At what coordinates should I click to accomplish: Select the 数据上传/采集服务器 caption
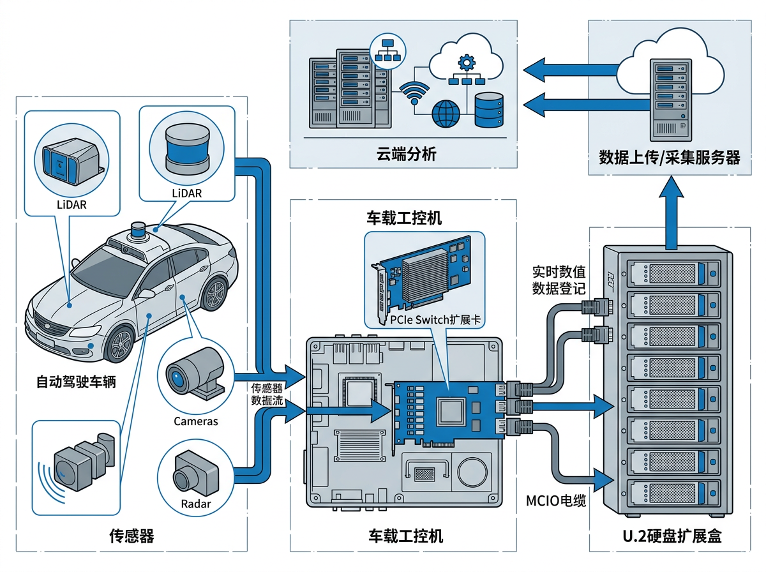pyautogui.click(x=670, y=157)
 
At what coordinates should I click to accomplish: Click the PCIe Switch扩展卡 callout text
pyautogui.click(x=434, y=320)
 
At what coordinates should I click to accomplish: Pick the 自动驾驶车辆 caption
pyautogui.click(x=76, y=383)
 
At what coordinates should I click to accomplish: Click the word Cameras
pyautogui.click(x=195, y=421)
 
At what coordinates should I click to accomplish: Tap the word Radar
pyautogui.click(x=195, y=504)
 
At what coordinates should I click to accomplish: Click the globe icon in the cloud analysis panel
pyautogui.click(x=446, y=114)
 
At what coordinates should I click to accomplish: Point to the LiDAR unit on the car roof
pyautogui.click(x=139, y=231)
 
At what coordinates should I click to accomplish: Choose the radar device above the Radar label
pyautogui.click(x=195, y=472)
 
